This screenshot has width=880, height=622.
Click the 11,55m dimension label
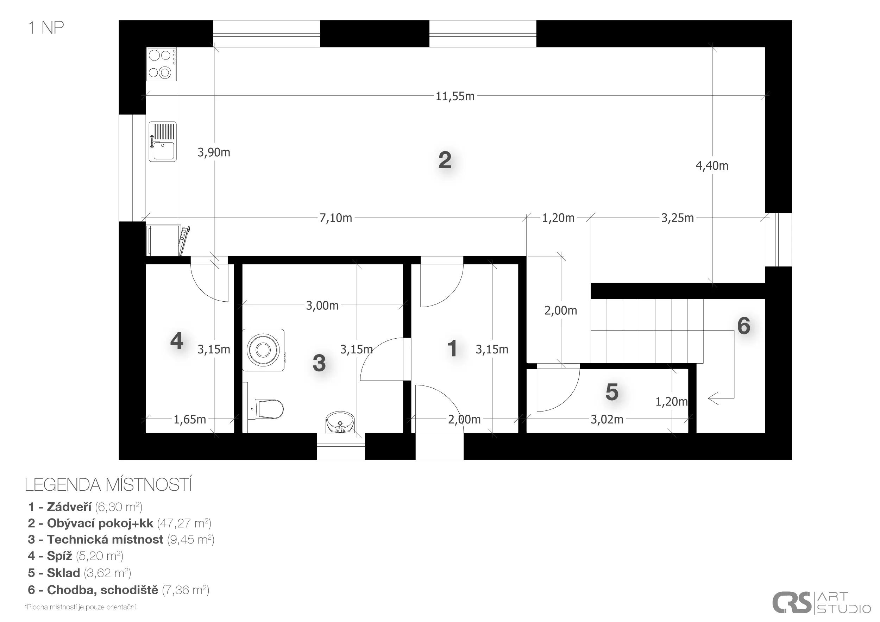click(x=455, y=96)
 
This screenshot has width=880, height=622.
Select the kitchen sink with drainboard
click(x=163, y=142)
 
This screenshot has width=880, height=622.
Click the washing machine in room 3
click(x=263, y=350)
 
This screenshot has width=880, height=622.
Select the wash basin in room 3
click(x=340, y=422)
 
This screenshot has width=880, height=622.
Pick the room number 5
click(x=612, y=392)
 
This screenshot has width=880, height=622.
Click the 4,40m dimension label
click(x=712, y=165)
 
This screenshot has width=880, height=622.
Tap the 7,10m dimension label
click(x=336, y=218)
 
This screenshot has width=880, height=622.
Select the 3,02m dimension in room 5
click(x=607, y=420)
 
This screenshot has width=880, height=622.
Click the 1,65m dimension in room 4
click(x=190, y=420)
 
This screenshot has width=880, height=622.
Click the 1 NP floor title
click(x=46, y=27)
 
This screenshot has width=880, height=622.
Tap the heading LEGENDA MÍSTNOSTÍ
click(x=108, y=485)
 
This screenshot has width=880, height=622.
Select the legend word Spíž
click(x=59, y=556)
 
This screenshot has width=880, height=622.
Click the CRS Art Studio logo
click(x=821, y=602)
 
